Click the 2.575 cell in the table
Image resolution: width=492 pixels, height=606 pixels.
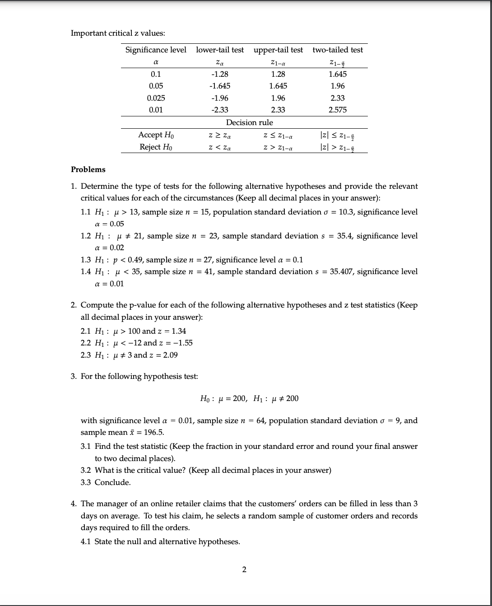tap(338, 110)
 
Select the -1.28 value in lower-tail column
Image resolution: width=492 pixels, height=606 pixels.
tap(220, 74)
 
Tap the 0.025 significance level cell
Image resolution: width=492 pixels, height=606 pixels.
tap(156, 98)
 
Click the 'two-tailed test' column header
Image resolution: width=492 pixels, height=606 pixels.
tap(338, 50)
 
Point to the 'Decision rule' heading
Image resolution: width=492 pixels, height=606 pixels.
tap(249, 122)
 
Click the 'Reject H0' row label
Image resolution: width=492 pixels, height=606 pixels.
tap(156, 147)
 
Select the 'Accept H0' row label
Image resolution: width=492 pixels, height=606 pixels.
tap(156, 135)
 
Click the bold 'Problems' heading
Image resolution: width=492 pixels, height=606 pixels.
tap(88, 169)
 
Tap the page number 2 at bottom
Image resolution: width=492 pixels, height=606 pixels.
tap(244, 569)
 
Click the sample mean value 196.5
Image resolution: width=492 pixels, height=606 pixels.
tap(154, 432)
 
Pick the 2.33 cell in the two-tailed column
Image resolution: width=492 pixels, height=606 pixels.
tap(338, 98)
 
